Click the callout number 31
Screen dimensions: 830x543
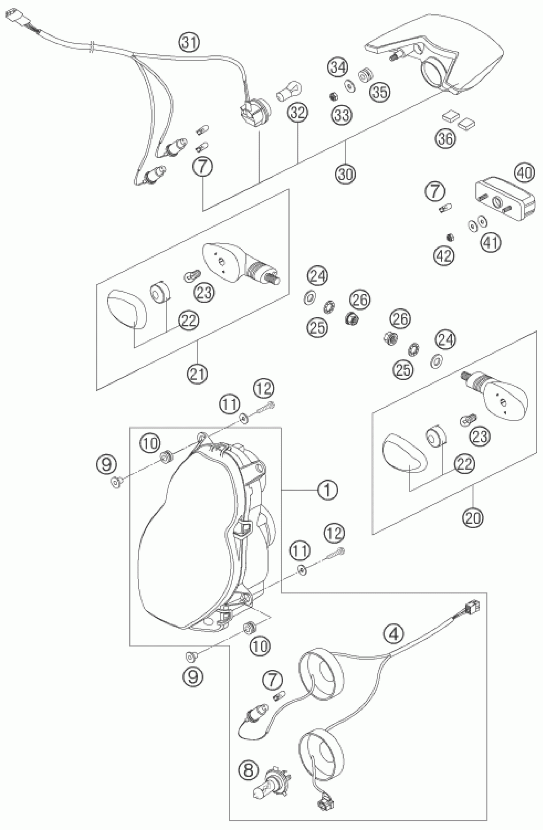pyautogui.click(x=190, y=42)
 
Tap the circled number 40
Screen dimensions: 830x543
pyautogui.click(x=524, y=173)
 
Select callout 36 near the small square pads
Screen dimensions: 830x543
pyautogui.click(x=445, y=139)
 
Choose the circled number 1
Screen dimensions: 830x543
pyautogui.click(x=327, y=490)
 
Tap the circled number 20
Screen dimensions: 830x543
pyautogui.click(x=473, y=517)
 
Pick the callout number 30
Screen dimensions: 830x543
pyautogui.click(x=345, y=173)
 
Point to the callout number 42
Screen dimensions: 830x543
pyautogui.click(x=445, y=256)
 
